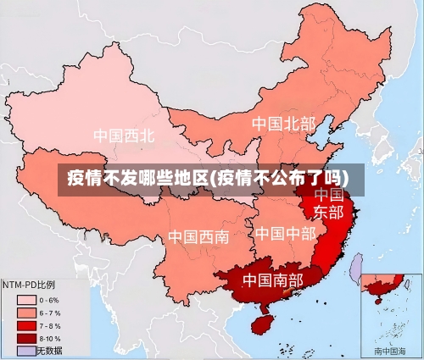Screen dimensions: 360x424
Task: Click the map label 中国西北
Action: click(x=124, y=136)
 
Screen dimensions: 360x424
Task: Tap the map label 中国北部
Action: click(x=283, y=125)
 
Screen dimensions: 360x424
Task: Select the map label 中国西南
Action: click(x=198, y=236)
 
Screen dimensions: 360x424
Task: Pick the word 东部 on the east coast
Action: click(x=329, y=212)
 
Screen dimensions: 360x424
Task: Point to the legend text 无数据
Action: click(x=49, y=350)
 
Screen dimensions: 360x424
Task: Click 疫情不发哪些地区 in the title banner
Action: click(x=137, y=178)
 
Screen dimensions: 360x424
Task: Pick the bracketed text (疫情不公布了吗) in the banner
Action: click(x=280, y=178)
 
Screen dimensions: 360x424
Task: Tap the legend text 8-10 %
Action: click(x=49, y=338)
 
